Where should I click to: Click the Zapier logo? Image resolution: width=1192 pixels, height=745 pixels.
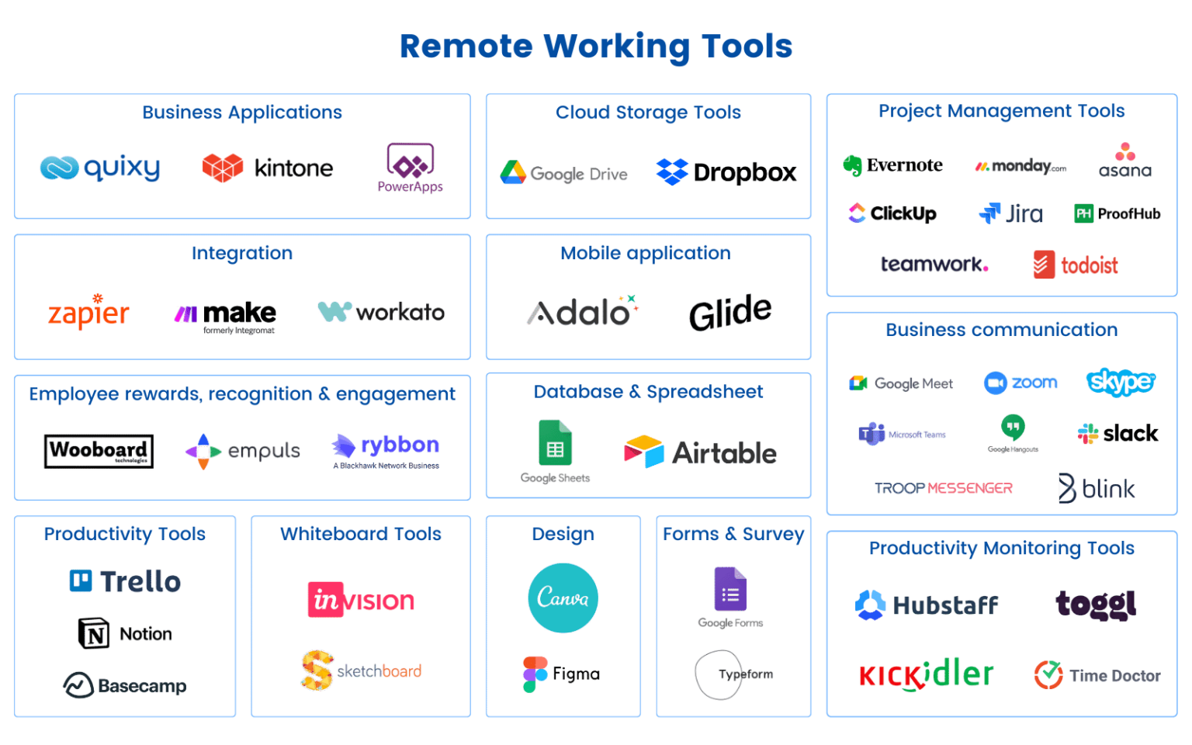click(x=88, y=312)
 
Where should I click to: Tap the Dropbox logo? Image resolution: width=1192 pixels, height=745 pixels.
click(x=726, y=172)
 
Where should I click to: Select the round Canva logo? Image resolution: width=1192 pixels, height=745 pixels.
click(x=563, y=598)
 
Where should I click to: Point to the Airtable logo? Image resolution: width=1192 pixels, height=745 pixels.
click(x=700, y=452)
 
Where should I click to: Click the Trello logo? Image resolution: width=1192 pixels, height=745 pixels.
click(x=125, y=581)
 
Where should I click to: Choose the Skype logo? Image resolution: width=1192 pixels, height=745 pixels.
click(x=1120, y=382)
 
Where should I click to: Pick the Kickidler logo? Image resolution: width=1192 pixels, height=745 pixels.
click(x=925, y=674)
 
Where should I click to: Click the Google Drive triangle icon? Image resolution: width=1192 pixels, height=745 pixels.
click(x=513, y=172)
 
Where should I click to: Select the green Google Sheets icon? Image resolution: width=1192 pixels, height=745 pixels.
click(x=555, y=444)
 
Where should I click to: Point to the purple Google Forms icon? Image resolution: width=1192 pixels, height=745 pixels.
click(x=730, y=590)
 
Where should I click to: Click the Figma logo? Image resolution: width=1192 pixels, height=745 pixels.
click(x=561, y=674)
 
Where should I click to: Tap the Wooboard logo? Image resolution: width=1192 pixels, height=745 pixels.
click(x=99, y=451)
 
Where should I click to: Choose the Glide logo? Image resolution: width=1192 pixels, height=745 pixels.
click(x=729, y=312)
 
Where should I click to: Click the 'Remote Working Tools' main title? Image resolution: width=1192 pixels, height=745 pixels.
click(x=595, y=47)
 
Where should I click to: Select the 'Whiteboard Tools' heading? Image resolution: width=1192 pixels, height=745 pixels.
click(x=360, y=534)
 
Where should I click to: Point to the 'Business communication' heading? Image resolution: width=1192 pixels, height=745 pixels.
click(x=1001, y=330)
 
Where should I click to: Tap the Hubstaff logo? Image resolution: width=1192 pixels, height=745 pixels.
click(x=926, y=605)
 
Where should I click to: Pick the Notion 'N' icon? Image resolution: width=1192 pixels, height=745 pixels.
click(x=95, y=634)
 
